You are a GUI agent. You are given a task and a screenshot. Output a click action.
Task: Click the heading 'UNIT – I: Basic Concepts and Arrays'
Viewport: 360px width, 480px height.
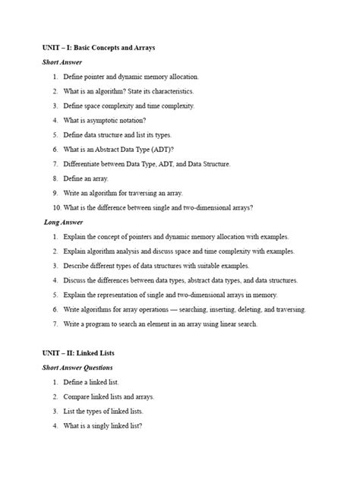99,48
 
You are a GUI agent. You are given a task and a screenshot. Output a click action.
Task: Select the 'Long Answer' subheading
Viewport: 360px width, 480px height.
63,222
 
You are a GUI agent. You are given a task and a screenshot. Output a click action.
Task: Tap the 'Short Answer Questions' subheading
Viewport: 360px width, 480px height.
77,368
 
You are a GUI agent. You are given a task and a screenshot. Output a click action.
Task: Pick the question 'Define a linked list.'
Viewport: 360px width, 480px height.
91,382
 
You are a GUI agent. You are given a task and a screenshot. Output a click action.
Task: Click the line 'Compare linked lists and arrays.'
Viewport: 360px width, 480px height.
109,396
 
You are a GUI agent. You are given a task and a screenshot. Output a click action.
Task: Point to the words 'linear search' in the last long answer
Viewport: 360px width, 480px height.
238,324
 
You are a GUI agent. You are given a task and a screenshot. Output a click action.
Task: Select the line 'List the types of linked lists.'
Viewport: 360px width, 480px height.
103,412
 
